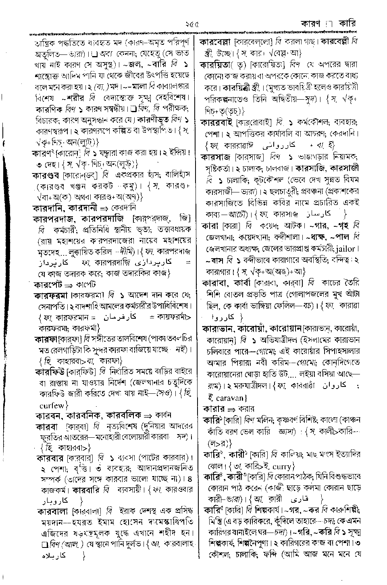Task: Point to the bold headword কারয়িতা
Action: (216, 65)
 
